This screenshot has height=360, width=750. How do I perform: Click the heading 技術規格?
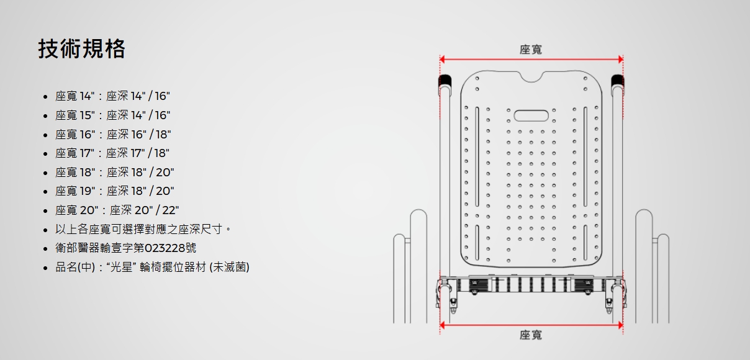coord(82,48)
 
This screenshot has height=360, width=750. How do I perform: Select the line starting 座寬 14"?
coord(112,96)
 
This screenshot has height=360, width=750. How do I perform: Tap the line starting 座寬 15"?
coord(112,115)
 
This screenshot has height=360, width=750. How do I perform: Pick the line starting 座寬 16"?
coord(113,134)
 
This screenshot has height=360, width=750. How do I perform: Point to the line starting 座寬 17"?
coord(112,153)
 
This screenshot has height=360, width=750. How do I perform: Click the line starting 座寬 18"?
coord(114,172)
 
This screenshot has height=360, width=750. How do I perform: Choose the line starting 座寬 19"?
coord(114,191)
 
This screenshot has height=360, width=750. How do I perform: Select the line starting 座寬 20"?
coord(117,210)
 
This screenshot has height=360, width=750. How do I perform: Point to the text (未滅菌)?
coord(229,268)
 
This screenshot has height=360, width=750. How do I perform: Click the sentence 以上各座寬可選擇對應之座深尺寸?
coord(138,230)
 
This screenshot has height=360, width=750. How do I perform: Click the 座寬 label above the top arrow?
coord(531,50)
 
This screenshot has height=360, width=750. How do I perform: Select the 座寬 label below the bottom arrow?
coord(531,335)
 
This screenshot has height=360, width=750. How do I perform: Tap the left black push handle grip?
coord(445,81)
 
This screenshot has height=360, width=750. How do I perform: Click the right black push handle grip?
coord(617,81)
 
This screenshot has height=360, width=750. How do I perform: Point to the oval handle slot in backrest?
coord(531,116)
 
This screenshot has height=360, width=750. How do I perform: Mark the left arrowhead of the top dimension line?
coord(442,60)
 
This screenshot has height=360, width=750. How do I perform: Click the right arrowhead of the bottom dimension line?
coord(620,325)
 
